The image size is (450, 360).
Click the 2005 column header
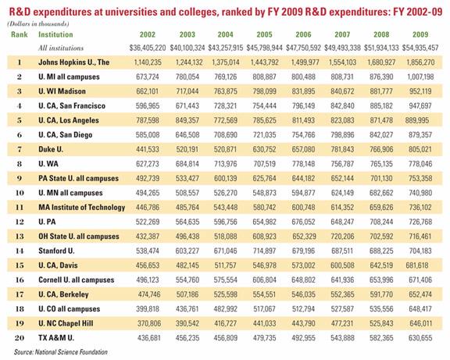point(264,34)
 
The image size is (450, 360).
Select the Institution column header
point(55,34)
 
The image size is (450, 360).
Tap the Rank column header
point(20,34)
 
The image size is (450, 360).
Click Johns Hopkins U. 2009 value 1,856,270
point(420,62)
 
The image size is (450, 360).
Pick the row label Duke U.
point(51,149)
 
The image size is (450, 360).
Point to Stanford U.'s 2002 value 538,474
point(148,251)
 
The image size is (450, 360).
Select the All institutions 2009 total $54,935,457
point(420,48)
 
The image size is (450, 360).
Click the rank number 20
point(20,337)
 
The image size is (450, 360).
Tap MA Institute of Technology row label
point(82,207)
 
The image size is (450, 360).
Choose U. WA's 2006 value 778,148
point(303,164)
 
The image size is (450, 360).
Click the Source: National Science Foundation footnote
point(61,352)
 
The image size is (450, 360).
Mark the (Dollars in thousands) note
point(37,23)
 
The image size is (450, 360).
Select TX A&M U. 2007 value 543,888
point(342,337)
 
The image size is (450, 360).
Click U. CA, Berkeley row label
point(63,294)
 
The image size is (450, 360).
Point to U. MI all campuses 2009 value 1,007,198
point(420,77)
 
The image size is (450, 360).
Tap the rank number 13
point(20,236)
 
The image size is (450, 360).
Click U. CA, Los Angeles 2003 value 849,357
point(187,120)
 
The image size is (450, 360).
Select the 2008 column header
point(381,34)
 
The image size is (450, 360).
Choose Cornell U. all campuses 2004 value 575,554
point(226,280)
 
